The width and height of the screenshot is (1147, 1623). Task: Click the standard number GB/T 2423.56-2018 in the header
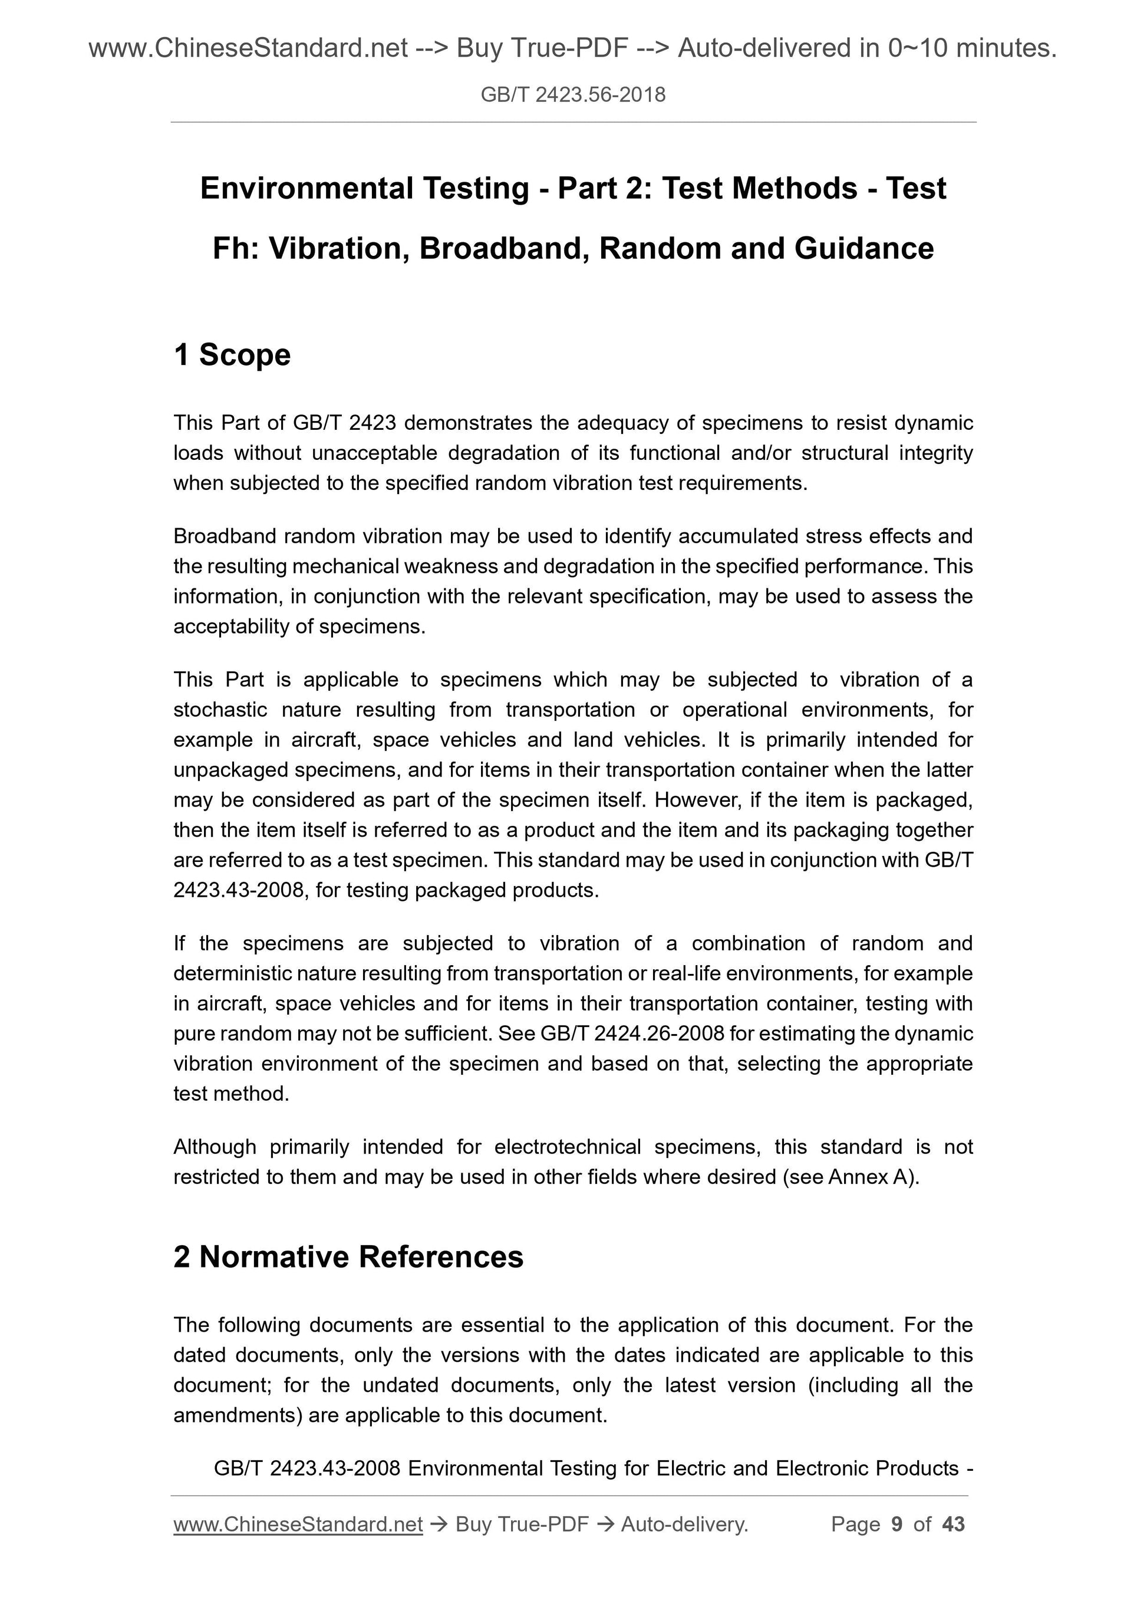(x=572, y=95)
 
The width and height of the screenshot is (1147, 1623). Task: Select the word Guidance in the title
(x=863, y=249)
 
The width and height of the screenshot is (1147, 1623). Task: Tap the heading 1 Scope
(x=232, y=355)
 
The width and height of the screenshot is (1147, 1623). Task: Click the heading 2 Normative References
(x=348, y=1257)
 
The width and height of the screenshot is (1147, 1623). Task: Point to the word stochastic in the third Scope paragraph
(x=220, y=710)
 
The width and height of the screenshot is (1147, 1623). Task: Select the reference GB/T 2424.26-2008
(x=632, y=1033)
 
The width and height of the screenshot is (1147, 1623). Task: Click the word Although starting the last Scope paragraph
(x=215, y=1147)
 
